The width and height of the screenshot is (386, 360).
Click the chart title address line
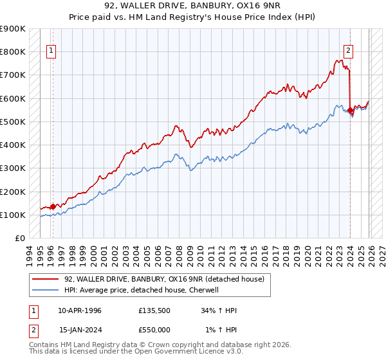(x=192, y=6)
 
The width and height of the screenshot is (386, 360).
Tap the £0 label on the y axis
(x=19, y=239)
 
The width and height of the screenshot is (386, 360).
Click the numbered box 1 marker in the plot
(x=51, y=51)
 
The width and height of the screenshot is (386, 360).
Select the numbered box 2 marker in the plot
(x=348, y=51)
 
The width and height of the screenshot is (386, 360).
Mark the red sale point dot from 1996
(x=53, y=206)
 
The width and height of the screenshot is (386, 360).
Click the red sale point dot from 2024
(x=350, y=111)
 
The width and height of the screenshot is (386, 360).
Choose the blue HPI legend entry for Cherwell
(x=142, y=290)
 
